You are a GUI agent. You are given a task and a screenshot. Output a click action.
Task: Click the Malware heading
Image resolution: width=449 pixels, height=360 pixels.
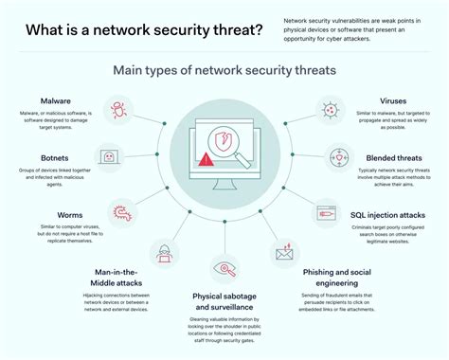56,100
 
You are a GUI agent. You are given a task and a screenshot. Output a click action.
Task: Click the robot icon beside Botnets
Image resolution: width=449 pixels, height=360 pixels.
109,155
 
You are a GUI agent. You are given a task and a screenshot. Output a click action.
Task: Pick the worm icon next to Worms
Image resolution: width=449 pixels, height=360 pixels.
121,210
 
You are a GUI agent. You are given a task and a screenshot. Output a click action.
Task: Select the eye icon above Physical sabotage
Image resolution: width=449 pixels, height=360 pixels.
224,269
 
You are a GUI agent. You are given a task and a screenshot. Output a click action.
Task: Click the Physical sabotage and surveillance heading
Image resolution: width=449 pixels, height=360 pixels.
224,300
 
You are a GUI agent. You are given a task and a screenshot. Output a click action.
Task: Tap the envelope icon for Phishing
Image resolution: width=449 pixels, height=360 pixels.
285,252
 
